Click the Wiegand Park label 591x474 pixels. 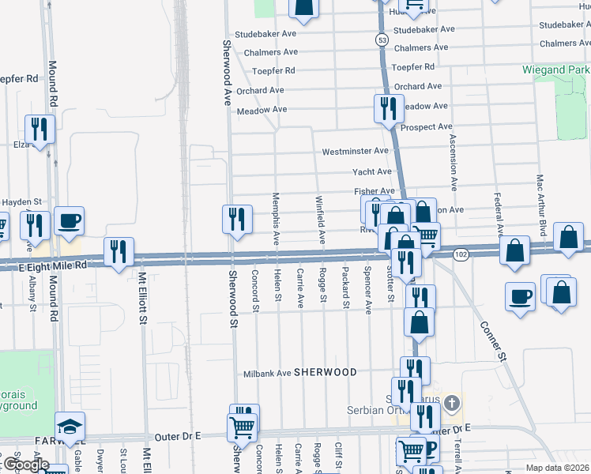[x=556, y=70]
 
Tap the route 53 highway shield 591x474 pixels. [x=382, y=39]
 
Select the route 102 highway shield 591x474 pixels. [x=461, y=254]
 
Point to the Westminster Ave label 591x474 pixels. [x=356, y=151]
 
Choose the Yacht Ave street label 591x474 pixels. [x=373, y=171]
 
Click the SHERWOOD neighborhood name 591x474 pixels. [x=326, y=372]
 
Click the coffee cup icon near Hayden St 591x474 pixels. [x=70, y=221]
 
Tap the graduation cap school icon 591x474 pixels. [x=70, y=426]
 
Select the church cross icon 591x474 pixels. [x=451, y=405]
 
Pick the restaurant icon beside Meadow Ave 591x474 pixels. [x=387, y=108]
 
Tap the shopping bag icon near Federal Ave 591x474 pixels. [x=515, y=250]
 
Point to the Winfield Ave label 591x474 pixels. [x=321, y=219]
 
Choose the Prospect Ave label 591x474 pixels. [x=427, y=126]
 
